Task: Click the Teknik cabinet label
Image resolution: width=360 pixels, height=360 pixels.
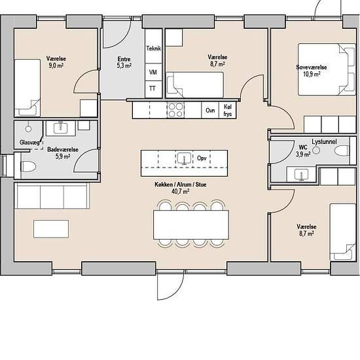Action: tap(154, 48)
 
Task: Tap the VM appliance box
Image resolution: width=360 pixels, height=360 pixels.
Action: tap(154, 72)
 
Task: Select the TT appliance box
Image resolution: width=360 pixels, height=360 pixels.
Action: tap(154, 89)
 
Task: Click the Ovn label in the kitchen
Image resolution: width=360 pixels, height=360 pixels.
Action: tap(210, 111)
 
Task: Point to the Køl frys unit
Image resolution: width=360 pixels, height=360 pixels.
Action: tap(227, 110)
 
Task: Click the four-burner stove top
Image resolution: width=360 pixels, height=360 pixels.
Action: tap(175, 110)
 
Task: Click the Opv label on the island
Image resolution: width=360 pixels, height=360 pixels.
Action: tap(202, 158)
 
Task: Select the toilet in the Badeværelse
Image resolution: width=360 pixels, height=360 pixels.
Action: tap(28, 166)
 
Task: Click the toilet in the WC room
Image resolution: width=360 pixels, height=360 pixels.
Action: tap(342, 151)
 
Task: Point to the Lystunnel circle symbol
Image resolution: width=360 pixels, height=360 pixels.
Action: tap(316, 151)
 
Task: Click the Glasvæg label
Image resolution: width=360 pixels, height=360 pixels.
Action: tap(29, 142)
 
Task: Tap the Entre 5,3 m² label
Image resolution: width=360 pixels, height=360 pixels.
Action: tap(124, 62)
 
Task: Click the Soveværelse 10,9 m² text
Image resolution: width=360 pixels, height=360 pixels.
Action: tap(312, 71)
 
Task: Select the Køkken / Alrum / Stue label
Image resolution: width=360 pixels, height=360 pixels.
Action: tap(181, 185)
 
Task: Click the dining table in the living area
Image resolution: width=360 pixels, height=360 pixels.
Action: tap(191, 225)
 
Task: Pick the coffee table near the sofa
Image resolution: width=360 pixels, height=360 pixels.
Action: tap(51, 229)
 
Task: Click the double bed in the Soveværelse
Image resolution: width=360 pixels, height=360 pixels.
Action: tap(327, 69)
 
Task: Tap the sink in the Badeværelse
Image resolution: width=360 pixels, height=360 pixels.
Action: tap(61, 128)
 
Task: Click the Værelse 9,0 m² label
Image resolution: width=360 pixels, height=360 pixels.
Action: tap(56, 62)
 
